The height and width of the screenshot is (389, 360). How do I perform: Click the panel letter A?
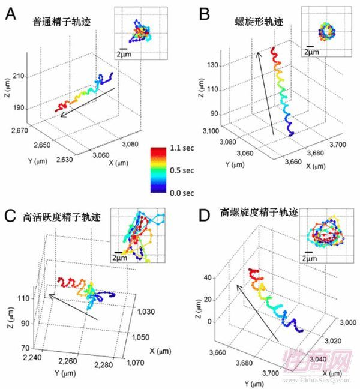tap(10, 14)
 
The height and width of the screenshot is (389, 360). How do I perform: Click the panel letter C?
tap(10, 216)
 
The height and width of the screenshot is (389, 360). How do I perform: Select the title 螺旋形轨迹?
tap(259, 22)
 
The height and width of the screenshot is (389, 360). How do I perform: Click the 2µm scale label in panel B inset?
tap(311, 53)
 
